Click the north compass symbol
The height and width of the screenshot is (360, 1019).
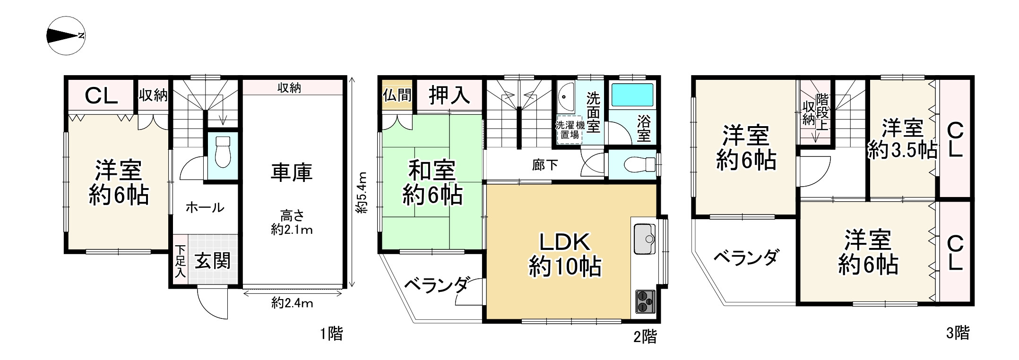[66, 36]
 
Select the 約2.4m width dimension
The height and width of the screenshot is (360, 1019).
[292, 303]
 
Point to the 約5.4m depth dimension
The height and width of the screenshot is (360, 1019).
[362, 193]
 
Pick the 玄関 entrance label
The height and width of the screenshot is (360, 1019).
[213, 261]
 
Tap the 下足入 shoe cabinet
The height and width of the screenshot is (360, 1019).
[180, 261]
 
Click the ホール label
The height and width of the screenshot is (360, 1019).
[205, 207]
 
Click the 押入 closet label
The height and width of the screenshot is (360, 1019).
[449, 95]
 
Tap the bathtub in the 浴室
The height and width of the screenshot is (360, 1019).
[632, 95]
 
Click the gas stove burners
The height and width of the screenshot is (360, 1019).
[644, 301]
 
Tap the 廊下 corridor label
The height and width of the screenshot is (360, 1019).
[544, 165]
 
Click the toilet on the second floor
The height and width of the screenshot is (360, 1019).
[638, 165]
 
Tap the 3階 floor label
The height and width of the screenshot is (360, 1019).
[958, 333]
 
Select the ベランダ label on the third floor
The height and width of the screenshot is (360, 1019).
[745, 258]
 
